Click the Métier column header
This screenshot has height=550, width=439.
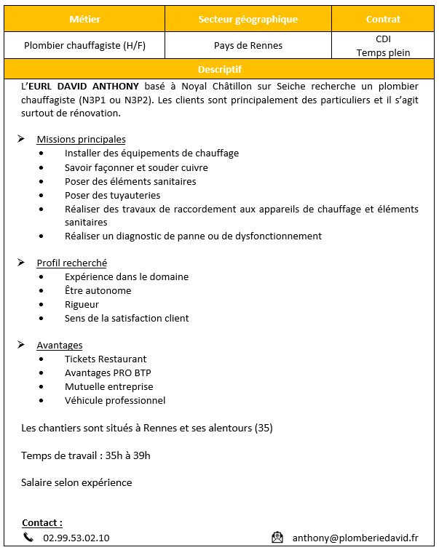pyautogui.click(x=84, y=19)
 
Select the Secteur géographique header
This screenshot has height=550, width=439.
pyautogui.click(x=248, y=19)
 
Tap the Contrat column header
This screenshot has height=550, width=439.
pyautogui.click(x=383, y=19)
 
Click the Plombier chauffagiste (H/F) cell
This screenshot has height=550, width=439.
pyautogui.click(x=84, y=45)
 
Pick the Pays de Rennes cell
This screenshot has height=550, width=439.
pyautogui.click(x=248, y=45)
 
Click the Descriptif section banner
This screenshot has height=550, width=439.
pyautogui.click(x=219, y=69)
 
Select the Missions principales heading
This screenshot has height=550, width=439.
pyautogui.click(x=81, y=139)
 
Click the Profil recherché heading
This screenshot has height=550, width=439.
pyautogui.click(x=71, y=263)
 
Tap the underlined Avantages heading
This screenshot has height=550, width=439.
pyautogui.click(x=59, y=345)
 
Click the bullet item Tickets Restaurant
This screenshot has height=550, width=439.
pyautogui.click(x=106, y=359)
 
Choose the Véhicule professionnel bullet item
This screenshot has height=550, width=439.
pyautogui.click(x=115, y=400)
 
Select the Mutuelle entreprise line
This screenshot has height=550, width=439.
pyautogui.click(x=108, y=386)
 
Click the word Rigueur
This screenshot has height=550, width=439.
pyautogui.click(x=82, y=304)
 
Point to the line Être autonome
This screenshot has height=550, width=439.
pyautogui.click(x=98, y=290)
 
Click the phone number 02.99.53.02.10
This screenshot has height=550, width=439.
pyautogui.click(x=76, y=538)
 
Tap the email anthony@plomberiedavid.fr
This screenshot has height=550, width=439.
pyautogui.click(x=355, y=538)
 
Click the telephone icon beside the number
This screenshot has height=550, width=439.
pyautogui.click(x=28, y=538)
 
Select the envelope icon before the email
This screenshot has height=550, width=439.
pyautogui.click(x=277, y=538)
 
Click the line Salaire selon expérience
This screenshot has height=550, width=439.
pyautogui.click(x=76, y=482)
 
